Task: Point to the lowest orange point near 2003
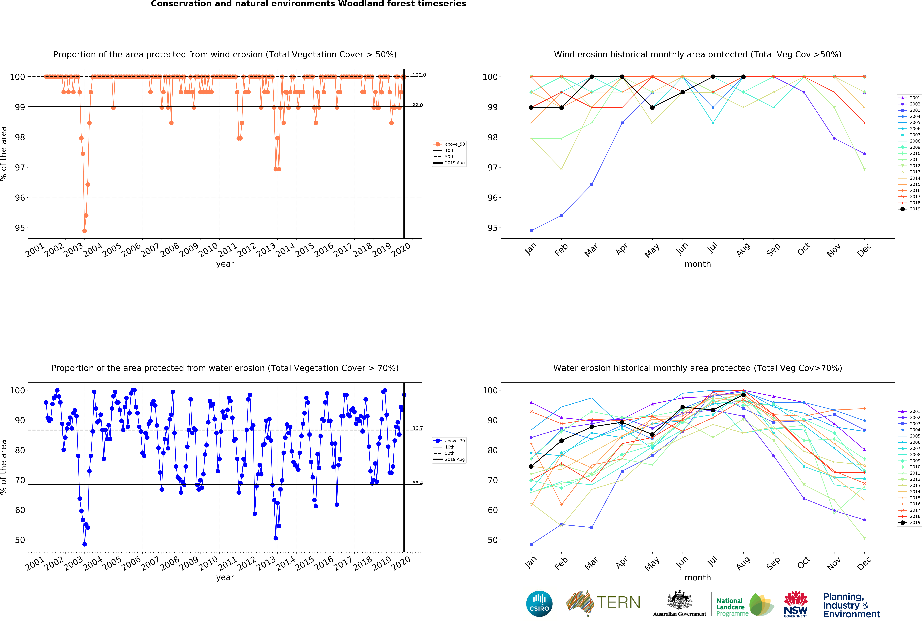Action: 84,231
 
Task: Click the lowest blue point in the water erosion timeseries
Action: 84,544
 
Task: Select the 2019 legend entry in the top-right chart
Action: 911,209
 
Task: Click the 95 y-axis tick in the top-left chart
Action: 19,228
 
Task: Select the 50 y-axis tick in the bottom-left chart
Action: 19,540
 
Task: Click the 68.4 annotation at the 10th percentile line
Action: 417,483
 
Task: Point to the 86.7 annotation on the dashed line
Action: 417,428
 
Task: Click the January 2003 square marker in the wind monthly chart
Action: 531,231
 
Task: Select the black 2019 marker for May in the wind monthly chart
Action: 652,107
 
